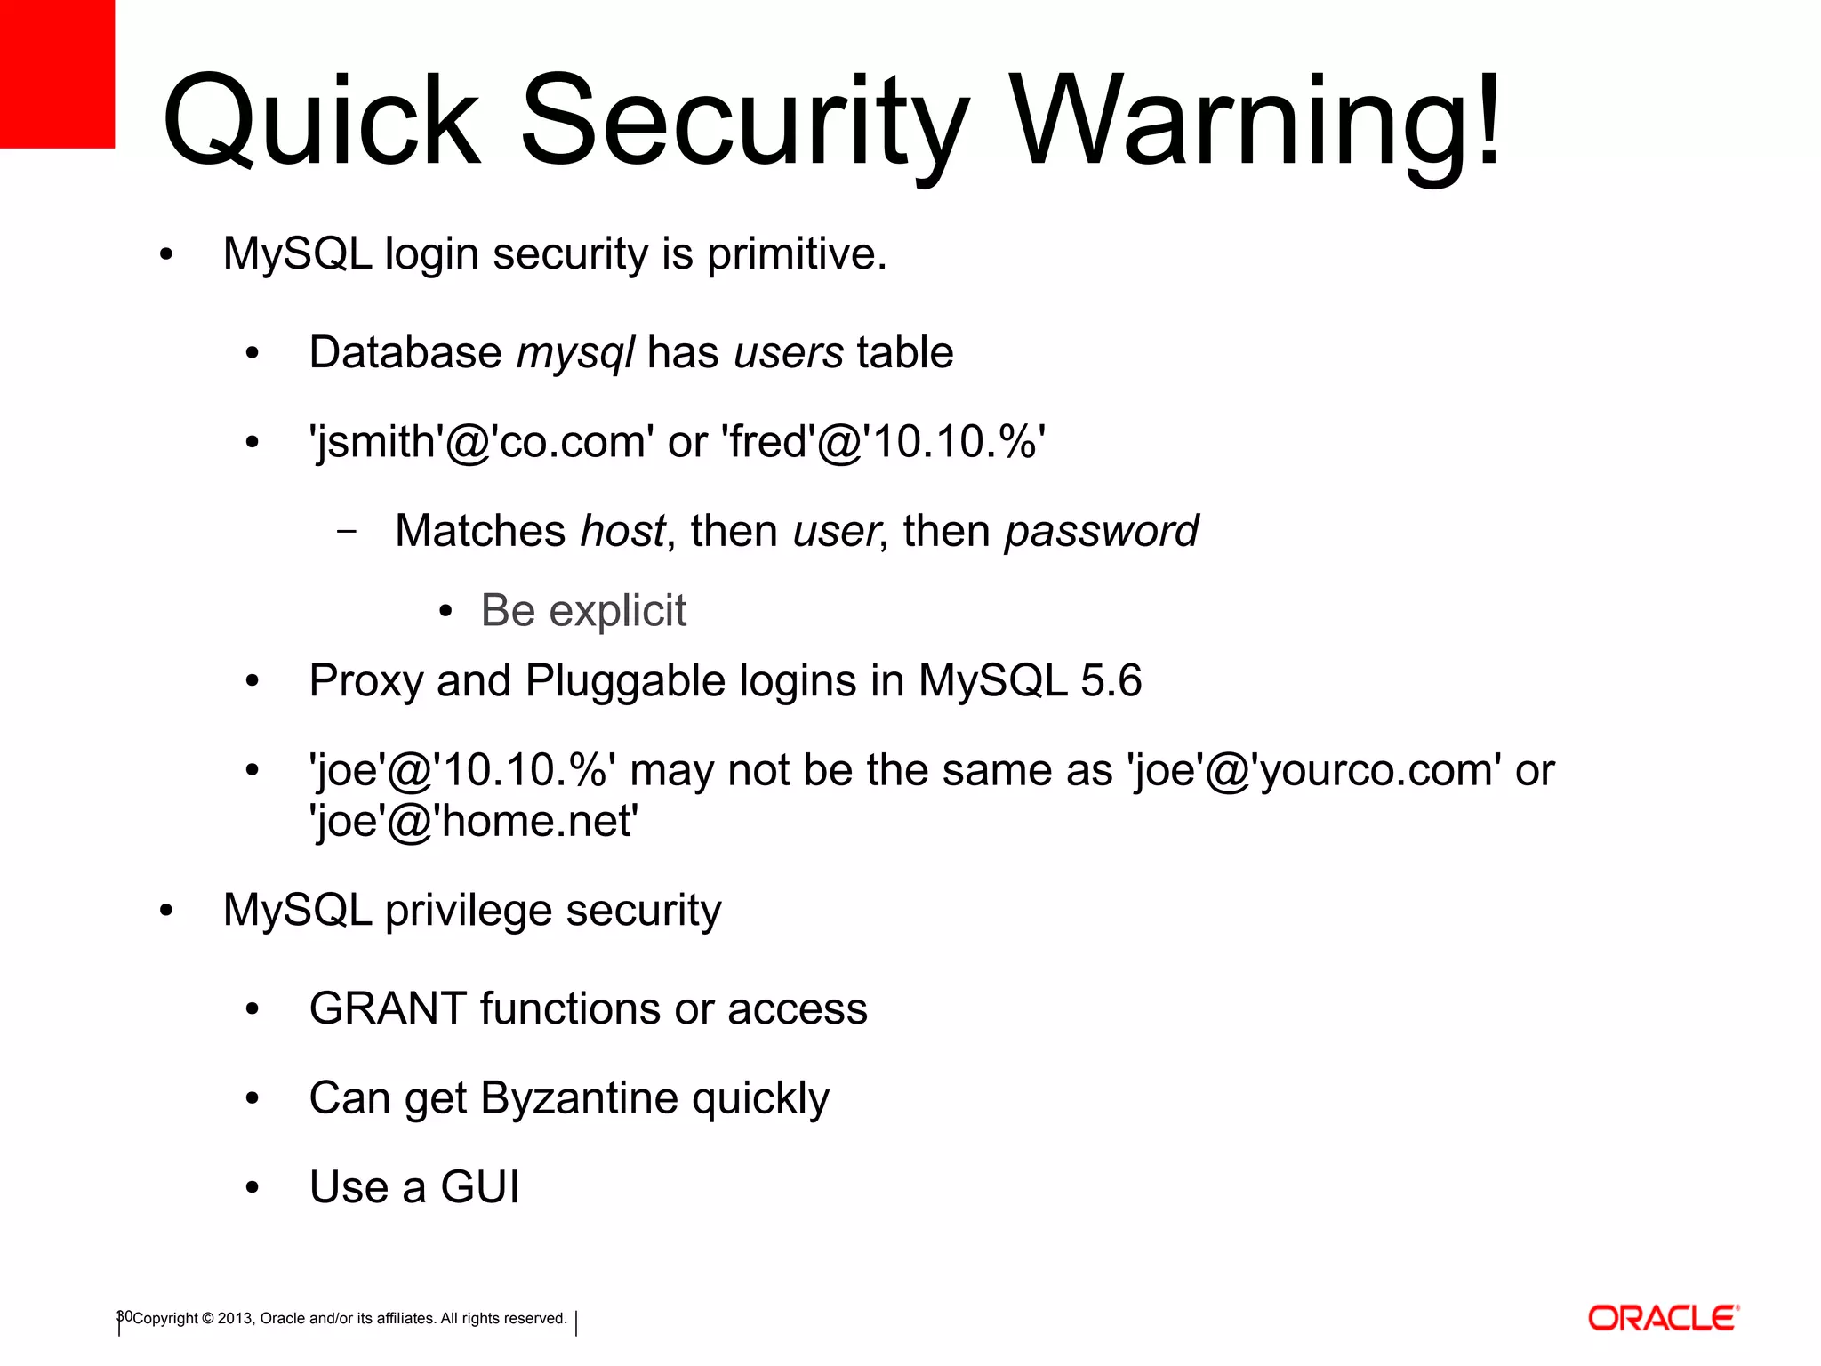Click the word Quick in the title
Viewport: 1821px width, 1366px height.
coord(321,122)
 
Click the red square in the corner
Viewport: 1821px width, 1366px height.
coord(57,73)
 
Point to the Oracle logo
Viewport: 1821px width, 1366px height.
coord(1663,1318)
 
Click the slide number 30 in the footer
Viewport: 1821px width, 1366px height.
coord(124,1316)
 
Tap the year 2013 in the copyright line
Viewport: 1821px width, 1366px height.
coord(235,1319)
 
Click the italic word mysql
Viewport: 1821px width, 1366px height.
coord(575,353)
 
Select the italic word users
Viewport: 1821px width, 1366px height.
coord(789,353)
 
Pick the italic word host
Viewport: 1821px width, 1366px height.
coord(622,532)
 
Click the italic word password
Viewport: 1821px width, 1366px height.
coord(1101,532)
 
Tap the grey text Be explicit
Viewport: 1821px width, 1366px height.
coord(583,611)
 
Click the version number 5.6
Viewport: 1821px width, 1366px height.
coord(1111,681)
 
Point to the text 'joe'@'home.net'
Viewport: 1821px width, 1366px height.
coord(473,821)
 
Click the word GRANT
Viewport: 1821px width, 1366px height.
coord(388,1009)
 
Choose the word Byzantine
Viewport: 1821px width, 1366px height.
coord(579,1098)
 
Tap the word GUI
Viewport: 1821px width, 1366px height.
coord(479,1187)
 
